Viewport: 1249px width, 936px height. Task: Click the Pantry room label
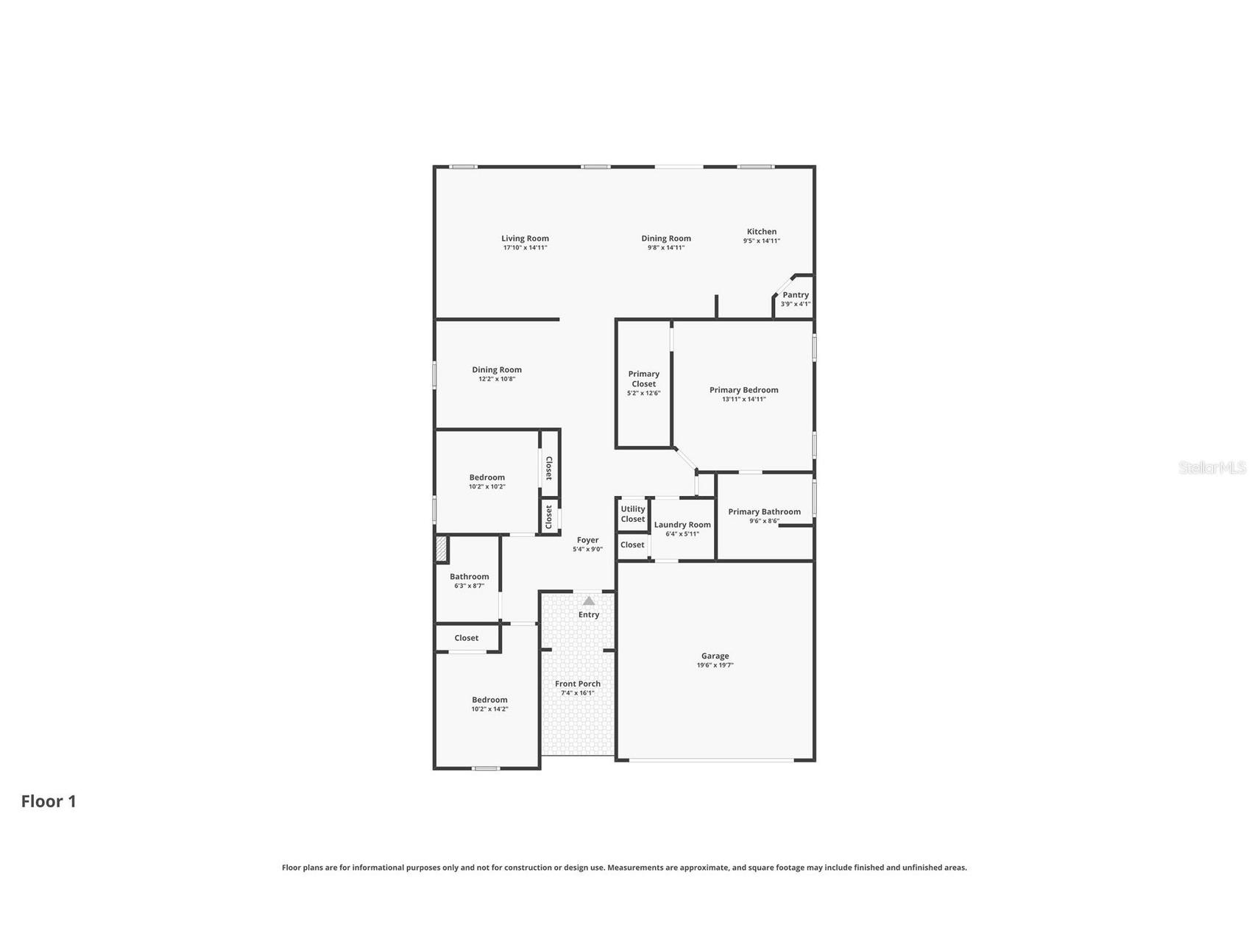click(x=796, y=294)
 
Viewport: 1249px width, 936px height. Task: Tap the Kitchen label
click(x=762, y=231)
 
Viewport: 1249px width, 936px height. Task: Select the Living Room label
click(x=526, y=238)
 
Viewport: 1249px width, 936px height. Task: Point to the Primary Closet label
click(x=644, y=378)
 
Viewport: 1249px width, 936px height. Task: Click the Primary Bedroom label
click(x=744, y=390)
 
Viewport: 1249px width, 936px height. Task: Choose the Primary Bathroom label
click(x=765, y=511)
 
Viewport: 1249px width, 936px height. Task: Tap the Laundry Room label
click(x=683, y=525)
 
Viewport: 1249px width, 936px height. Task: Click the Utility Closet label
click(x=633, y=514)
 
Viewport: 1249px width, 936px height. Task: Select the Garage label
click(x=715, y=656)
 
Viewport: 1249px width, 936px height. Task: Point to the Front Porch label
click(x=578, y=684)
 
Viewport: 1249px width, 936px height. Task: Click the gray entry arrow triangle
click(x=589, y=600)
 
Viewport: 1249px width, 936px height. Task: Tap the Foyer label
click(x=587, y=540)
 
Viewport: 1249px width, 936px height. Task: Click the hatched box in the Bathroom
click(x=441, y=550)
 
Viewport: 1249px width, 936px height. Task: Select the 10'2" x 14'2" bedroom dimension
click(x=490, y=709)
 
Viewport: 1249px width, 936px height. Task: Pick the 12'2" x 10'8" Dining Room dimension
click(x=497, y=379)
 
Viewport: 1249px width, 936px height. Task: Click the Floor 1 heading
click(x=49, y=801)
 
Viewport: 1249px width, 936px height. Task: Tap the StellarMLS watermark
click(x=1212, y=468)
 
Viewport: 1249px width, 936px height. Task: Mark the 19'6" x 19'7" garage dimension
click(x=715, y=665)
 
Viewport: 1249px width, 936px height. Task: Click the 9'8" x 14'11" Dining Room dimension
click(x=666, y=248)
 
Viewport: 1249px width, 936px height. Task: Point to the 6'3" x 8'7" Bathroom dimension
click(x=470, y=586)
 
